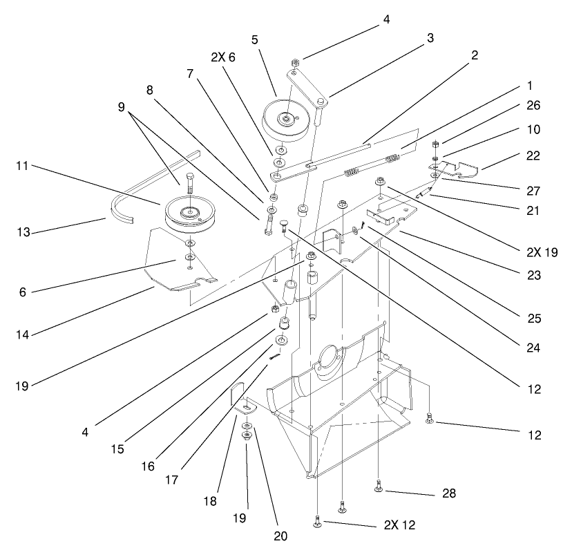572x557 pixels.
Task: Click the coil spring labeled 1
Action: point(392,160)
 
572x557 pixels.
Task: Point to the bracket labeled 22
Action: point(459,168)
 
